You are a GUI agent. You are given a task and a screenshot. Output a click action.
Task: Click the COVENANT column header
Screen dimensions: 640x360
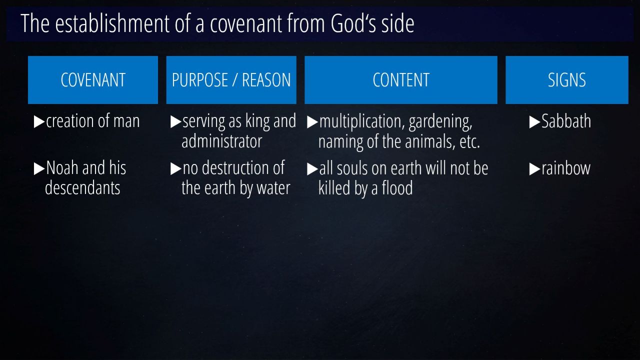click(93, 80)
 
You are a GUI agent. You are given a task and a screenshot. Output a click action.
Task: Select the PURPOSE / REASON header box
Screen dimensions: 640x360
click(231, 80)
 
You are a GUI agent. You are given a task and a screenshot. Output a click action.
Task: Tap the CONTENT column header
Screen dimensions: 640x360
click(401, 80)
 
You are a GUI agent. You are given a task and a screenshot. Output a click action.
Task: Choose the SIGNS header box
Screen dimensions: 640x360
click(567, 80)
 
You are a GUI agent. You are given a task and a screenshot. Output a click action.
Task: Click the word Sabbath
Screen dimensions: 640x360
click(566, 121)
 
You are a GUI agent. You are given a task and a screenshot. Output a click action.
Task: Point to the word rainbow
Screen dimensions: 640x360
click(566, 168)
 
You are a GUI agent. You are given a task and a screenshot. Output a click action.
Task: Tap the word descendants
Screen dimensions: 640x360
click(82, 188)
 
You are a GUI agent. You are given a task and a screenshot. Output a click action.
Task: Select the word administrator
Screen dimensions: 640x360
click(221, 141)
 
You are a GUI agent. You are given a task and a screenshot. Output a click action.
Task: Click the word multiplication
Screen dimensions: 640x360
click(362, 121)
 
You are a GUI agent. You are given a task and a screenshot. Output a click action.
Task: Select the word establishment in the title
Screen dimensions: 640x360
click(112, 23)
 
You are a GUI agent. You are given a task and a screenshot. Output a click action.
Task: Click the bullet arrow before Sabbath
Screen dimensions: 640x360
click(534, 122)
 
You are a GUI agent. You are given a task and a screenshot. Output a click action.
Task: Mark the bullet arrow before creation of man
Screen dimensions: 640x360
click(39, 121)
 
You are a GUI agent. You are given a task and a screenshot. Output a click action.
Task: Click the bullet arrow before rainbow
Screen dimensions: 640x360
click(534, 169)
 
